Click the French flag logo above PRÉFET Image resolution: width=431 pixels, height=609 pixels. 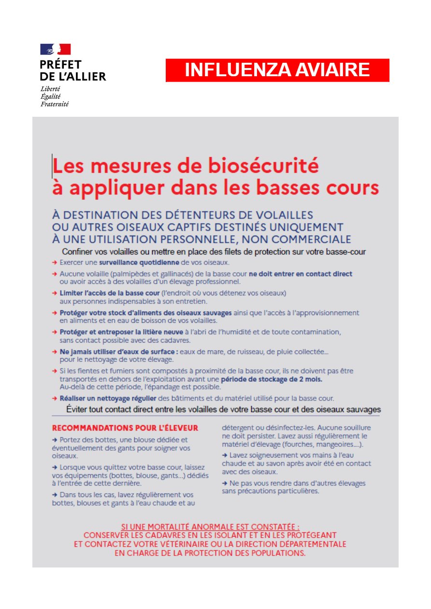pyautogui.click(x=56, y=49)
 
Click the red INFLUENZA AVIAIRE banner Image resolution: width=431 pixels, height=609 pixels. pyautogui.click(x=277, y=70)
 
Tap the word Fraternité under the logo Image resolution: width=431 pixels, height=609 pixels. pyautogui.click(x=54, y=104)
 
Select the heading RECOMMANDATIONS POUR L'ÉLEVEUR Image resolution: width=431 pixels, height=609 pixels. pyautogui.click(x=125, y=428)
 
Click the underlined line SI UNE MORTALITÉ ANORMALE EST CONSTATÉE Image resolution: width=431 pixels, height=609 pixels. pyautogui.click(x=210, y=527)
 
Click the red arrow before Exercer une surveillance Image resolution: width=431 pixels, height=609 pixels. pyautogui.click(x=55, y=263)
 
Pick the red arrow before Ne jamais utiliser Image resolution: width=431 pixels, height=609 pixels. pyautogui.click(x=55, y=352)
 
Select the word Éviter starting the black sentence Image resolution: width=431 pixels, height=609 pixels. pyautogui.click(x=78, y=410)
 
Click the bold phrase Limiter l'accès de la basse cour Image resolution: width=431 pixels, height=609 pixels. pyautogui.click(x=110, y=293)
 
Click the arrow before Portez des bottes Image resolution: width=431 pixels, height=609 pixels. pyautogui.click(x=55, y=440)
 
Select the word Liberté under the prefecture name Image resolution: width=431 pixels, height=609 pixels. pyautogui.click(x=50, y=89)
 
